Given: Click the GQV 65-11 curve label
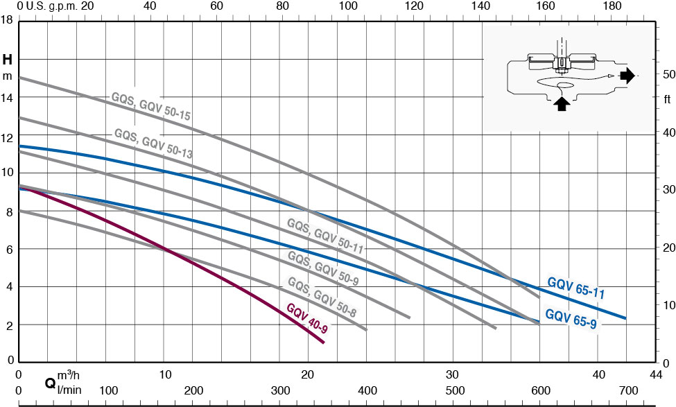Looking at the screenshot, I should click(x=575, y=288).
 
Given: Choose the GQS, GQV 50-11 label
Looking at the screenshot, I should click(x=325, y=235).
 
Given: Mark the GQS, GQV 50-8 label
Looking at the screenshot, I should click(x=322, y=297).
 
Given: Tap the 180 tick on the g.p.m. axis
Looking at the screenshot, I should click(x=612, y=6).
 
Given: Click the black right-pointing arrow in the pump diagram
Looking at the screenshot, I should click(x=626, y=76).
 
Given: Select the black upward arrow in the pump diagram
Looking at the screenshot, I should click(x=562, y=104).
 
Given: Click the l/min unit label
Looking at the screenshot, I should click(x=69, y=390).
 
